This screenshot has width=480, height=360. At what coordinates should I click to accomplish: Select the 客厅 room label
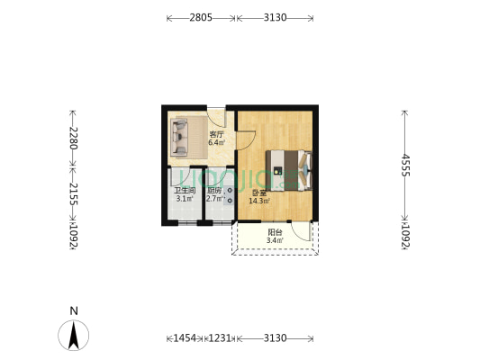click(216, 134)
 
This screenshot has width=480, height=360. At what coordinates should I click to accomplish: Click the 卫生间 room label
click(184, 190)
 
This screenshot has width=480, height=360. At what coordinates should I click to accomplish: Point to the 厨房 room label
click(214, 190)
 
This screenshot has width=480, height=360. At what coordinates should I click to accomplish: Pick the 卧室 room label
click(259, 193)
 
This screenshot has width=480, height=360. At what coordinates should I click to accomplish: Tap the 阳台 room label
click(275, 232)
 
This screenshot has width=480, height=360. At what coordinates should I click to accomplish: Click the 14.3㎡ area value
click(259, 201)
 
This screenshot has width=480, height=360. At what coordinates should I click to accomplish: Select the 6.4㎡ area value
click(216, 142)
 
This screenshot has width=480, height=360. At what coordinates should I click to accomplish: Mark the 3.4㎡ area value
click(275, 240)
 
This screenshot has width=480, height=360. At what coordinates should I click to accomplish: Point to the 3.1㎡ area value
click(184, 198)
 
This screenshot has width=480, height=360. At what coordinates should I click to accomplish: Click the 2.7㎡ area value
click(214, 198)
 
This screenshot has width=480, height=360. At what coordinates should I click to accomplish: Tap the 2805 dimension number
click(201, 17)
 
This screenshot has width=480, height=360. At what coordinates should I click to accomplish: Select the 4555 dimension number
click(405, 168)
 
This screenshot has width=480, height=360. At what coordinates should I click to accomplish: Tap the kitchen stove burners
click(229, 196)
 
